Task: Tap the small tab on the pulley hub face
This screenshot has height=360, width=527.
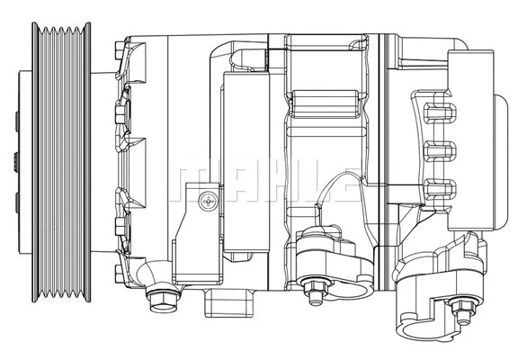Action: [15, 165]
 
